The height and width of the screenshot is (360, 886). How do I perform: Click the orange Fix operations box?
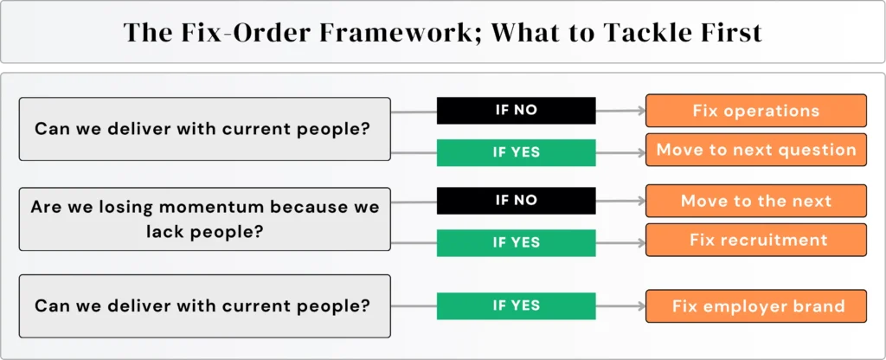pyautogui.click(x=756, y=111)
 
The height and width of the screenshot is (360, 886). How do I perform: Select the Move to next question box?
pyautogui.click(x=756, y=150)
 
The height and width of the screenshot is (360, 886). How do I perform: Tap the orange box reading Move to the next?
pyautogui.click(x=756, y=201)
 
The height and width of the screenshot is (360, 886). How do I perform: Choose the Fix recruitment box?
pyautogui.click(x=756, y=240)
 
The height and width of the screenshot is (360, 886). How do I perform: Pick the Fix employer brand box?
pyautogui.click(x=756, y=306)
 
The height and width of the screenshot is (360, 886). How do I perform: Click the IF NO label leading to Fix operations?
pyautogui.click(x=516, y=110)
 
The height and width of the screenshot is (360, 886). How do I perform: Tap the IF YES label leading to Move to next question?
pyautogui.click(x=516, y=152)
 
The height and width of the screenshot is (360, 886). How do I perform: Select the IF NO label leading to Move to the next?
pyautogui.click(x=516, y=200)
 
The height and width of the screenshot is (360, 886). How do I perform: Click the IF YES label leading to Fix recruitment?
pyautogui.click(x=516, y=242)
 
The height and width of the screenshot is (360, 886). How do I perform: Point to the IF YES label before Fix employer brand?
pyautogui.click(x=516, y=305)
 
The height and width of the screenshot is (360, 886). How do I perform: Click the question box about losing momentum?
pyautogui.click(x=204, y=219)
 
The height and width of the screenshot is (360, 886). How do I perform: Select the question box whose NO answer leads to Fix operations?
pyautogui.click(x=204, y=129)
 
